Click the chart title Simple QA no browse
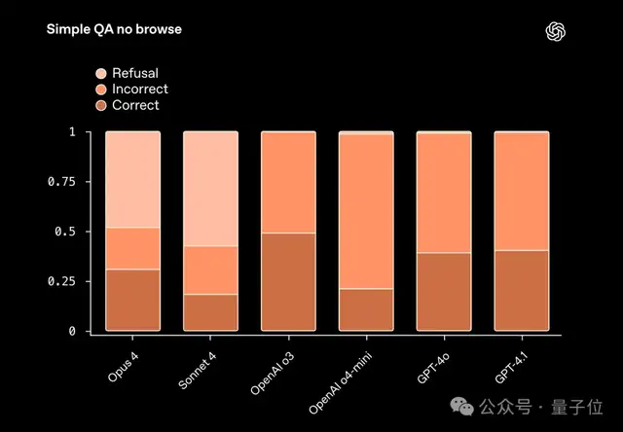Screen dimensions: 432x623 [114, 29]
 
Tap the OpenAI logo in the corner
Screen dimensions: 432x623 [556, 30]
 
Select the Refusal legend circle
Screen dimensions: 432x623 [100, 73]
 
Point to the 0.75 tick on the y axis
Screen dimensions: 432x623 [61, 181]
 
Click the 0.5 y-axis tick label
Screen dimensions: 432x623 [64, 232]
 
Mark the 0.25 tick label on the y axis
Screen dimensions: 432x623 [61, 281]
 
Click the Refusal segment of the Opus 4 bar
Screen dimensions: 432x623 [132, 179]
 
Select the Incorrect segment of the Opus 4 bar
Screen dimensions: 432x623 [132, 248]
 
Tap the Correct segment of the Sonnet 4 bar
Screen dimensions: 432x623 [210, 313]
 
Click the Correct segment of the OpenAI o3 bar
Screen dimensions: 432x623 [288, 283]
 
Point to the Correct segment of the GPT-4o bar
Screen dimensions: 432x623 [444, 293]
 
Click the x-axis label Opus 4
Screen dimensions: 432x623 [122, 365]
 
